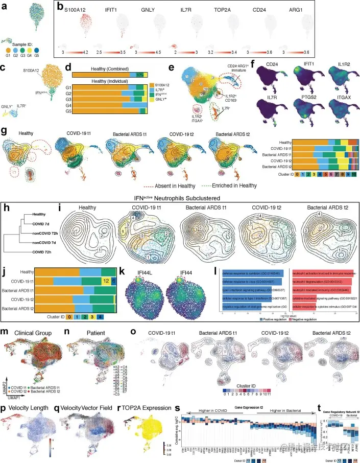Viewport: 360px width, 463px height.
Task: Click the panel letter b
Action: tap(60, 7)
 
